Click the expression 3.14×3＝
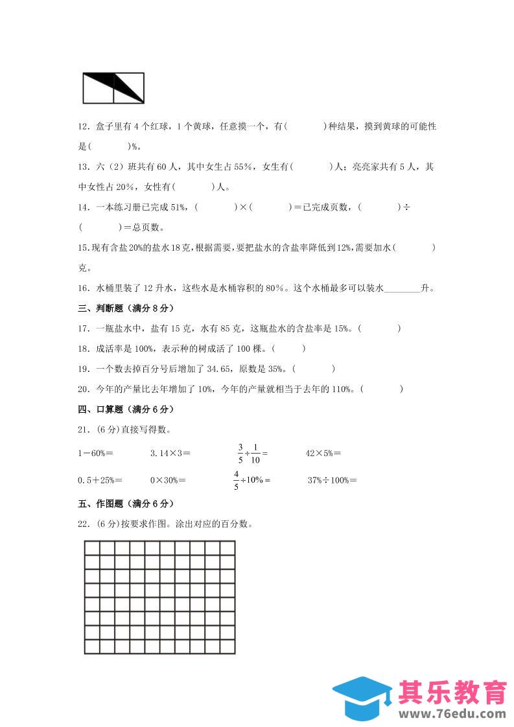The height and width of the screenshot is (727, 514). click(170, 454)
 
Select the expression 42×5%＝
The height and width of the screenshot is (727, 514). click(323, 454)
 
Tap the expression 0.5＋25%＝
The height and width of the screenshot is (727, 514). click(100, 480)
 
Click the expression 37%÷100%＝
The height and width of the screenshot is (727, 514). click(333, 480)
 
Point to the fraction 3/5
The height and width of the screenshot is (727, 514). click(240, 454)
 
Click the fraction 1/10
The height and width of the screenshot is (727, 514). click(255, 454)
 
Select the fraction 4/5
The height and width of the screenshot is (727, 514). click(237, 480)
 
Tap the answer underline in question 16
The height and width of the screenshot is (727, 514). click(403, 288)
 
